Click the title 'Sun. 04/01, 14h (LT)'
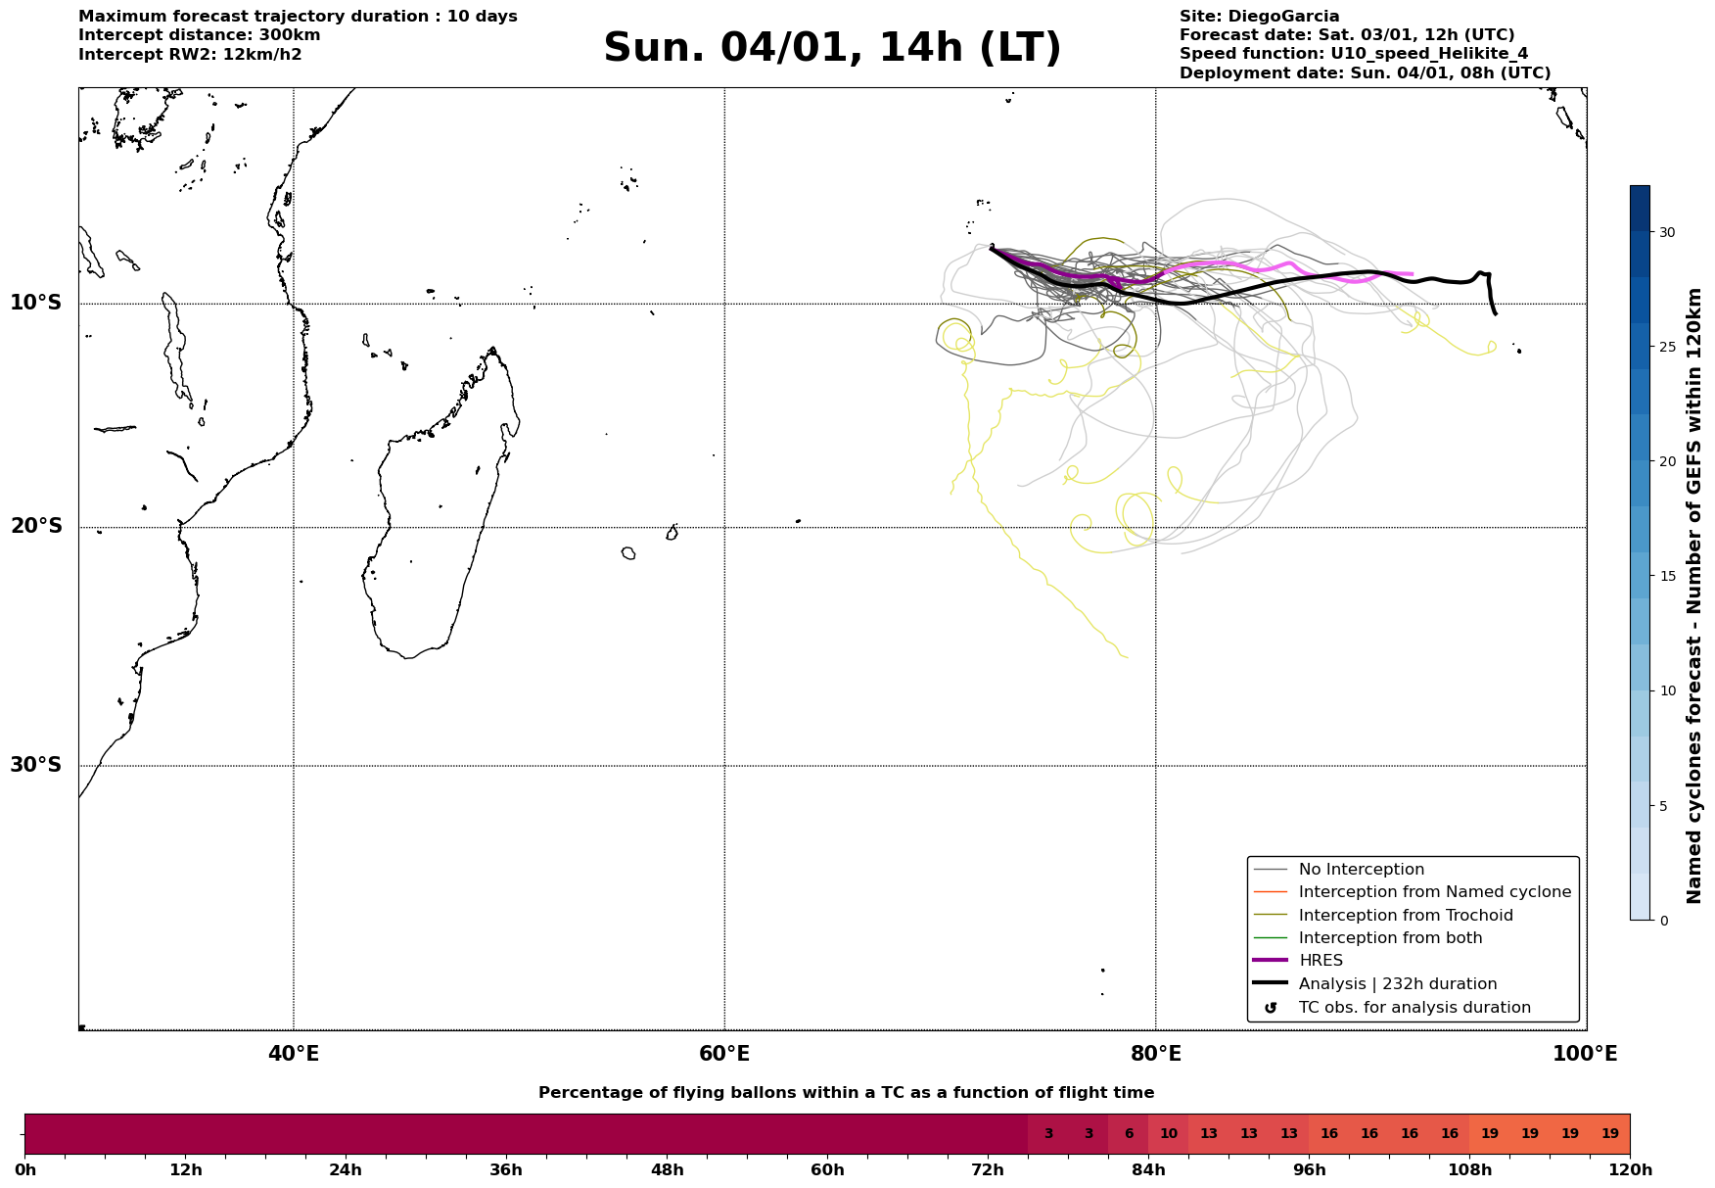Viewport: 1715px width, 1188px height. (832, 48)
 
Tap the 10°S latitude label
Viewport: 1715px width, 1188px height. (36, 303)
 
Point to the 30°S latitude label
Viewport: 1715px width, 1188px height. (36, 765)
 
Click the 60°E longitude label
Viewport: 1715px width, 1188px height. (724, 1054)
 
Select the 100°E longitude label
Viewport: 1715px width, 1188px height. (1585, 1054)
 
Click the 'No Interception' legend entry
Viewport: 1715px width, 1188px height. (1361, 870)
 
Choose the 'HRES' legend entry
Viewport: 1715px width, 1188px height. (1321, 961)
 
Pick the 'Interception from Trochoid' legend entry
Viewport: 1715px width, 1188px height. (1405, 916)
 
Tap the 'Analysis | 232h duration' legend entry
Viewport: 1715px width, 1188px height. (1397, 984)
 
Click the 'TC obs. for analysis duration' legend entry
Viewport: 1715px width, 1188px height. (1414, 1008)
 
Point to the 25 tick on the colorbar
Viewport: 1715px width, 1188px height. (1666, 347)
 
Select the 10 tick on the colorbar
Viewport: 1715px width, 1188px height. (1666, 690)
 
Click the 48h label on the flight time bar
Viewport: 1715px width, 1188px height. (667, 1169)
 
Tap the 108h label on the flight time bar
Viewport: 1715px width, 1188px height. (1469, 1169)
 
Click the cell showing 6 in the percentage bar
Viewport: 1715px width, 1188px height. (1129, 1134)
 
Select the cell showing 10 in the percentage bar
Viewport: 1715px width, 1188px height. (1169, 1134)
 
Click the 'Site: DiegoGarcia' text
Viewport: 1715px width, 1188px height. (1259, 17)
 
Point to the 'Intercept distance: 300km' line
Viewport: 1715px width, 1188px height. (199, 35)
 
